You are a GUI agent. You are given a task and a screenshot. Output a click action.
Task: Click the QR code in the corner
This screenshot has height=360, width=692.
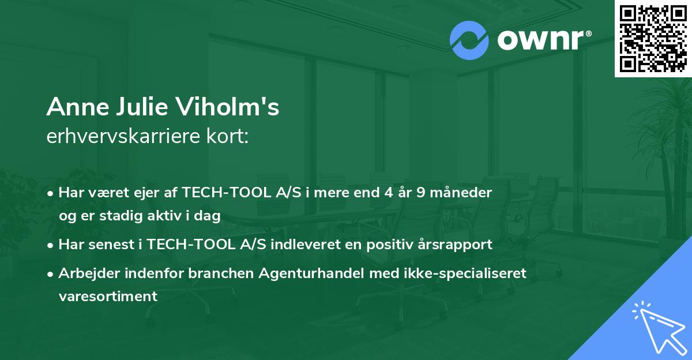pyautogui.click(x=653, y=39)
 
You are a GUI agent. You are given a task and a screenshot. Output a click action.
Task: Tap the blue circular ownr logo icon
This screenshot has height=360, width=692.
pyautogui.click(x=469, y=40)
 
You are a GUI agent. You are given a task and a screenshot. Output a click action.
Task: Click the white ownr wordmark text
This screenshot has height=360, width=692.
pyautogui.click(x=540, y=40)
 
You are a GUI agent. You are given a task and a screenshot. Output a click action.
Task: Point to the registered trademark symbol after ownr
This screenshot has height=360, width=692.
pyautogui.click(x=588, y=33)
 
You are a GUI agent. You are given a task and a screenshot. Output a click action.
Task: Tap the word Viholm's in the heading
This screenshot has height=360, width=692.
pyautogui.click(x=228, y=107)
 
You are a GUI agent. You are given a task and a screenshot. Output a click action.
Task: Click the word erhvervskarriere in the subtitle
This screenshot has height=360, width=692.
pyautogui.click(x=123, y=136)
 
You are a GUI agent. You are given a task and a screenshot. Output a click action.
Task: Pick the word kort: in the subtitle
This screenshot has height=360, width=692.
pyautogui.click(x=228, y=136)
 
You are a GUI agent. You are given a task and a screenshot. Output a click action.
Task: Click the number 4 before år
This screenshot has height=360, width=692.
pyautogui.click(x=389, y=193)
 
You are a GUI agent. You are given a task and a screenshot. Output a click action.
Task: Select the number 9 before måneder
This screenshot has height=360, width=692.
pyautogui.click(x=421, y=193)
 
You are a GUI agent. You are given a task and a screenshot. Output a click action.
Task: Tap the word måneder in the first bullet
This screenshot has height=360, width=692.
pyautogui.click(x=461, y=193)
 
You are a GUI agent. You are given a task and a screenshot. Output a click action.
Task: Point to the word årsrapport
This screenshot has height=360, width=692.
pyautogui.click(x=455, y=245)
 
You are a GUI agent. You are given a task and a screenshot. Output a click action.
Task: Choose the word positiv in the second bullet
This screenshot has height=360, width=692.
pyautogui.click(x=390, y=245)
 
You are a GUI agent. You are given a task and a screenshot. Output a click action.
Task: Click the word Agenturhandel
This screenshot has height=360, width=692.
pyautogui.click(x=311, y=273)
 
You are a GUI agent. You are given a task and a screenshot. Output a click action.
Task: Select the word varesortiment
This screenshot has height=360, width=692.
pyautogui.click(x=108, y=297)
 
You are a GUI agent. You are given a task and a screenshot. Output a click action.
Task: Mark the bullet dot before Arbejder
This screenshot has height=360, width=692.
pyautogui.click(x=50, y=274)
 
